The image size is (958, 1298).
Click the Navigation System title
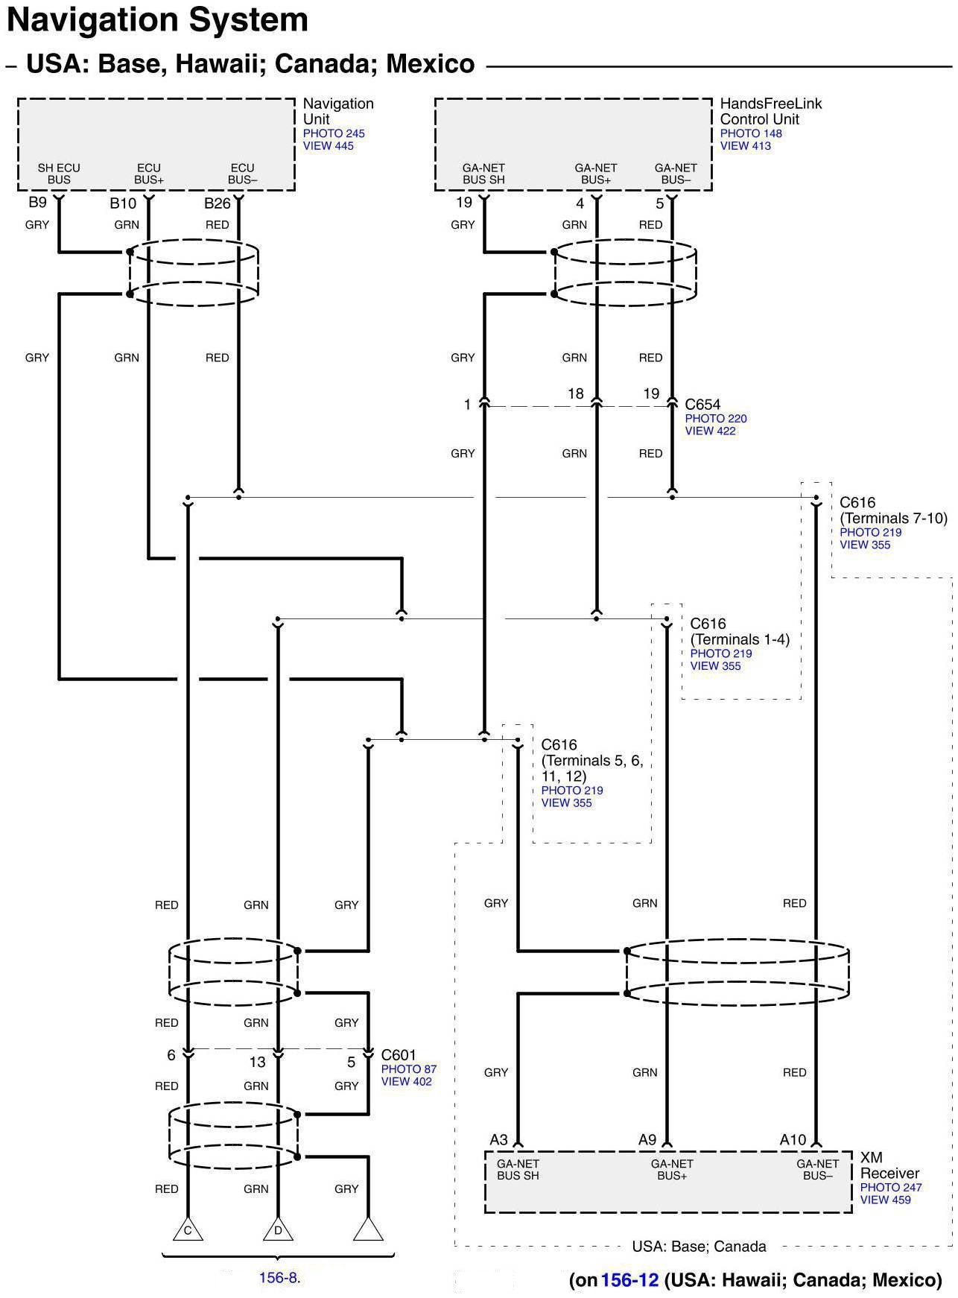coord(157,20)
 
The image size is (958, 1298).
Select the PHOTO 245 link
coord(333,133)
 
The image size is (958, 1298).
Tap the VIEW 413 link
coord(745,146)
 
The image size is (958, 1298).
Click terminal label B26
coord(218,203)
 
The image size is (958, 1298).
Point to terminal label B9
coord(37,203)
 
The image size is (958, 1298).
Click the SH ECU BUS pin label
coord(59,174)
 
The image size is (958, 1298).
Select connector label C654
coord(702,405)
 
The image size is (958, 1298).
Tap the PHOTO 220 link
coord(715,419)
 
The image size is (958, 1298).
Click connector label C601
coord(399,1055)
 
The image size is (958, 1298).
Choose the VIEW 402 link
coord(406,1081)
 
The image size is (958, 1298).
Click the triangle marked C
coord(188,1230)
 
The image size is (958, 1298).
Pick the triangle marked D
coord(278,1230)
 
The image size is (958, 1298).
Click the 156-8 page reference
coord(278,1278)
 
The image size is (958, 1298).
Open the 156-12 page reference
coord(629,1280)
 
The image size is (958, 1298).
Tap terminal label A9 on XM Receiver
coord(647,1140)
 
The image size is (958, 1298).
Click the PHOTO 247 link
coord(890,1188)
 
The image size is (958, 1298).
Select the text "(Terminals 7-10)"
coord(893,519)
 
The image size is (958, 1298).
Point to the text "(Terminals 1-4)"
coord(739,639)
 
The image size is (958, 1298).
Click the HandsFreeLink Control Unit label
coord(770,111)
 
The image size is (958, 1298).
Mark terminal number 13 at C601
coord(257,1061)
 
